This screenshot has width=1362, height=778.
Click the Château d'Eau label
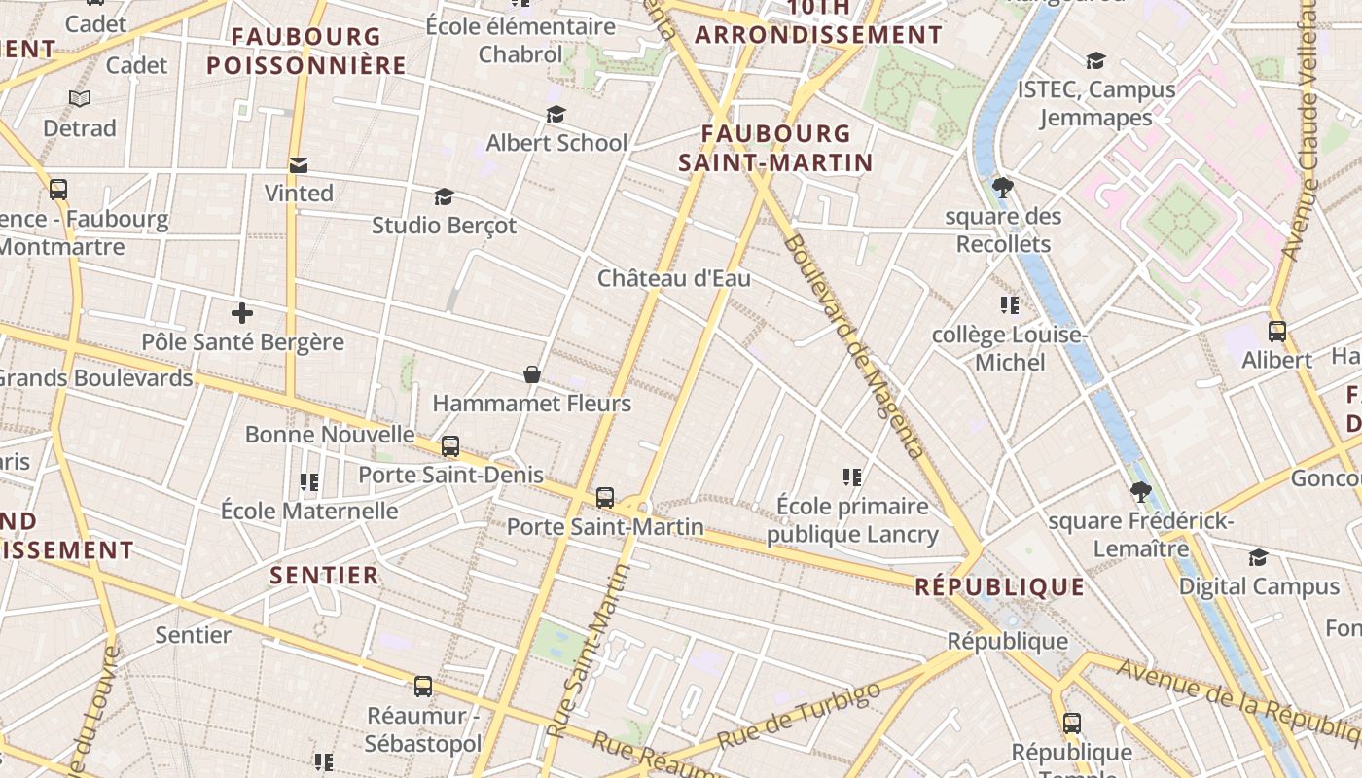pyautogui.click(x=674, y=279)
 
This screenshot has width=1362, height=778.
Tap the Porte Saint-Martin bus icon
pyautogui.click(x=605, y=498)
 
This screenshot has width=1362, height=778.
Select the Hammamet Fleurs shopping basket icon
pyautogui.click(x=532, y=374)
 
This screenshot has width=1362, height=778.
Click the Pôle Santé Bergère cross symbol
pyautogui.click(x=242, y=313)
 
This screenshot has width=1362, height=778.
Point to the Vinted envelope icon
pyautogui.click(x=299, y=165)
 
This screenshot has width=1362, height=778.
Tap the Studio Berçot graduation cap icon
pyautogui.click(x=444, y=197)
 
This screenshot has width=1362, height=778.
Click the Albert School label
pyautogui.click(x=556, y=143)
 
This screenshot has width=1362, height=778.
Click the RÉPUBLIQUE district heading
pyautogui.click(x=1000, y=587)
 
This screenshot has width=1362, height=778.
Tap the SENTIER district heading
pyautogui.click(x=324, y=575)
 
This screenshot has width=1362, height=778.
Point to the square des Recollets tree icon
pyautogui.click(x=1003, y=187)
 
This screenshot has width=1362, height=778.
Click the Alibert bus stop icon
pyautogui.click(x=1277, y=332)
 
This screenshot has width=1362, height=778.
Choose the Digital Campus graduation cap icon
pyautogui.click(x=1259, y=558)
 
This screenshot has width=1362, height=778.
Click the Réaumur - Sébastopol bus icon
pyautogui.click(x=423, y=687)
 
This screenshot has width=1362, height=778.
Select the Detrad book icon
pyautogui.click(x=80, y=99)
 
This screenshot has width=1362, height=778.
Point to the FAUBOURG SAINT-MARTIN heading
pyautogui.click(x=775, y=148)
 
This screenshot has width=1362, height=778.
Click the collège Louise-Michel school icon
pyautogui.click(x=1010, y=306)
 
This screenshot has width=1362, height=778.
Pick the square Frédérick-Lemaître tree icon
pyautogui.click(x=1141, y=492)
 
